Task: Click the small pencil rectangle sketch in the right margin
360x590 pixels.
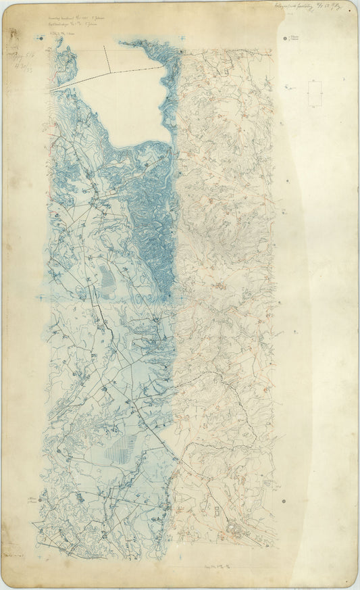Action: coord(314,93)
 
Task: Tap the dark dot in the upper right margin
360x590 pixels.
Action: coord(286,39)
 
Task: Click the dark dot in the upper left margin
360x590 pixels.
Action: coord(41,39)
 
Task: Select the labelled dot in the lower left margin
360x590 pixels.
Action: coord(41,499)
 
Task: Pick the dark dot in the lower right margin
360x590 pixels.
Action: coord(284,501)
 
